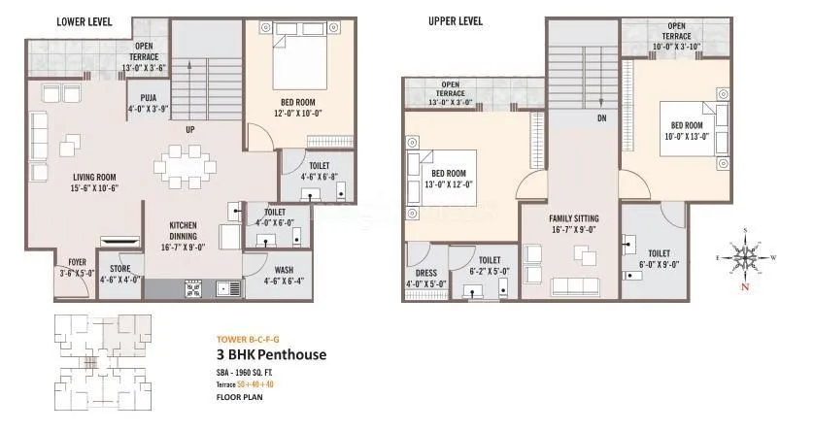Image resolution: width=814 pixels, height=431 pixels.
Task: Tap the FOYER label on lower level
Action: pyautogui.click(x=75, y=262)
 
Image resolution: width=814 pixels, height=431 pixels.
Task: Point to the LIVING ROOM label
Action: pyautogui.click(x=94, y=177)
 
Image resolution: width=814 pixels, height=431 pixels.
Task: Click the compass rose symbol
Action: pyautogui.click(x=744, y=255)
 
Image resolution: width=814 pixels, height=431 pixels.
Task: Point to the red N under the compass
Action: pyautogui.click(x=745, y=287)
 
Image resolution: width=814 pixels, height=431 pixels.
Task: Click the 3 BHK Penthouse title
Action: pyautogui.click(x=270, y=354)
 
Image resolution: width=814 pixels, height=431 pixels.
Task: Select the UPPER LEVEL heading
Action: pyautogui.click(x=456, y=21)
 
